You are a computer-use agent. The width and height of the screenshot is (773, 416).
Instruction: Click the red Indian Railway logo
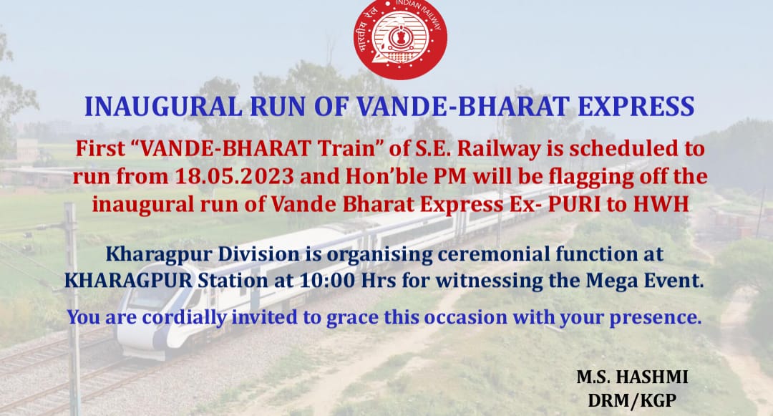click(x=400, y=39)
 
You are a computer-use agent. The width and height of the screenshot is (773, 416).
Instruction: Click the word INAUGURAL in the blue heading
click(x=163, y=107)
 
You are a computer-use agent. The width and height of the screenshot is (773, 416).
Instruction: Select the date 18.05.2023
click(x=234, y=176)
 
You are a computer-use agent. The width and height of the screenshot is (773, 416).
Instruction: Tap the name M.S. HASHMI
click(x=633, y=377)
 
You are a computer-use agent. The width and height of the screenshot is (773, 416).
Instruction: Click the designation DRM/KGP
click(x=632, y=400)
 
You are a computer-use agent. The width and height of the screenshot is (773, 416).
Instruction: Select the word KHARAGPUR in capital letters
click(x=129, y=281)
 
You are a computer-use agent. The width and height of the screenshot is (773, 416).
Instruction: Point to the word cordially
click(x=185, y=317)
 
